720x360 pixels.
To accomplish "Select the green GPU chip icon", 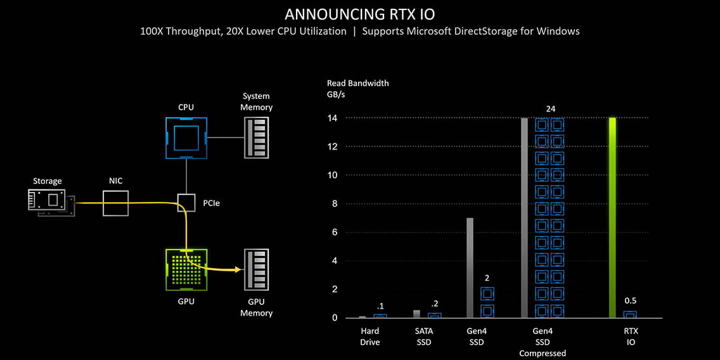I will [186, 269].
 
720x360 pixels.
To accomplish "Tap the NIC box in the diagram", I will [115, 203].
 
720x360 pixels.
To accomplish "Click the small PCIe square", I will [186, 203].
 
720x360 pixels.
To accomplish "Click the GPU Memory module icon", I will [257, 269].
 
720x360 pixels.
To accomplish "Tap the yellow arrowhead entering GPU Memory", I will [238, 270].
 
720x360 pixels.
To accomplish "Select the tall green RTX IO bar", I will [612, 217].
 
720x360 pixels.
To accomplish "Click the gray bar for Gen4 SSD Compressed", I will [524, 217].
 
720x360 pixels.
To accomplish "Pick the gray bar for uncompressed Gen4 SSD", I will [470, 267].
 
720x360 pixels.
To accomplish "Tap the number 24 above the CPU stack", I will [550, 109].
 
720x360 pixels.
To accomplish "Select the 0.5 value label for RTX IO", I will [630, 300].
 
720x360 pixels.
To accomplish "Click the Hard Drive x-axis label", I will [370, 337].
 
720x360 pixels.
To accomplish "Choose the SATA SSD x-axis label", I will [424, 337].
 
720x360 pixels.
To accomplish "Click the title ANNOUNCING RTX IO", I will [360, 14].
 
